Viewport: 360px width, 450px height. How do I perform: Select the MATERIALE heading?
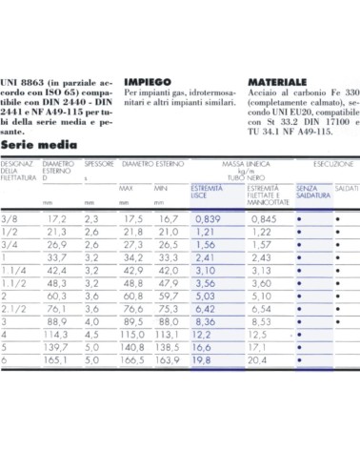point(276,81)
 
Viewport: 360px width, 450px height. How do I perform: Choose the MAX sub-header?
point(126,188)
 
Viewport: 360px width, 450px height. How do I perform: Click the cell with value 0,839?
point(209,219)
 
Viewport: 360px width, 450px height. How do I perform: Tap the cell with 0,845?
point(264,219)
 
